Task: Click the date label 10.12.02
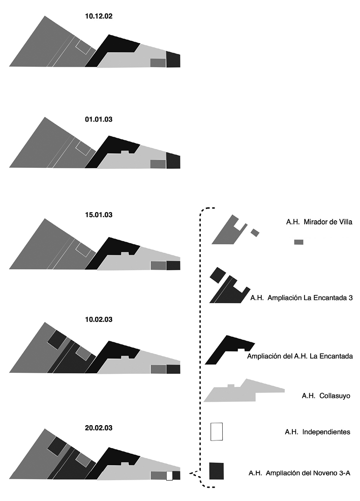[x=99, y=16]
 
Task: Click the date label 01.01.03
[x=99, y=120]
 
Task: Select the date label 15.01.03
[x=99, y=215]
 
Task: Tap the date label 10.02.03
[x=99, y=319]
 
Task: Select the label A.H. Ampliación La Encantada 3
[x=302, y=298]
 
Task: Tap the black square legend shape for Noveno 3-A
[x=217, y=470]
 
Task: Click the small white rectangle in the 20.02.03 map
[x=169, y=476]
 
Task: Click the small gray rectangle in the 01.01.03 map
[x=158, y=164]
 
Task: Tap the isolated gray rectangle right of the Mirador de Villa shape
[x=298, y=242]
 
